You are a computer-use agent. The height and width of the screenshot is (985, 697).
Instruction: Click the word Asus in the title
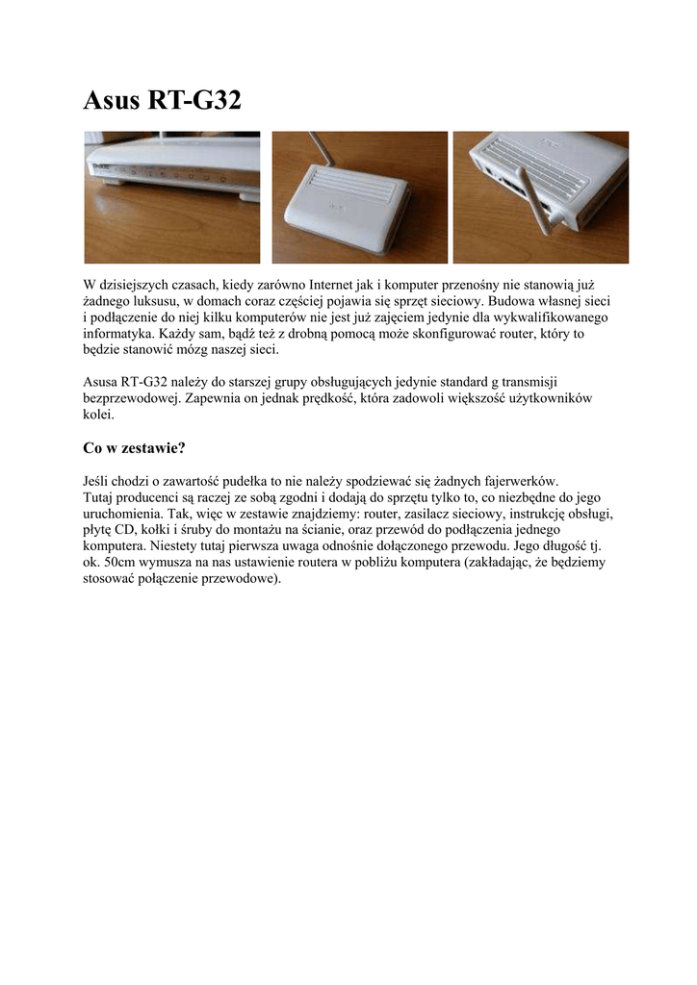111,99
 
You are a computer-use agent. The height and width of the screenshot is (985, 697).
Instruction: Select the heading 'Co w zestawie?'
134,447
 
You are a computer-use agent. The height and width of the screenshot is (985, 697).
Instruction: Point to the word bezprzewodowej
130,398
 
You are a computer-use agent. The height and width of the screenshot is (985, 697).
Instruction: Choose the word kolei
98,415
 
